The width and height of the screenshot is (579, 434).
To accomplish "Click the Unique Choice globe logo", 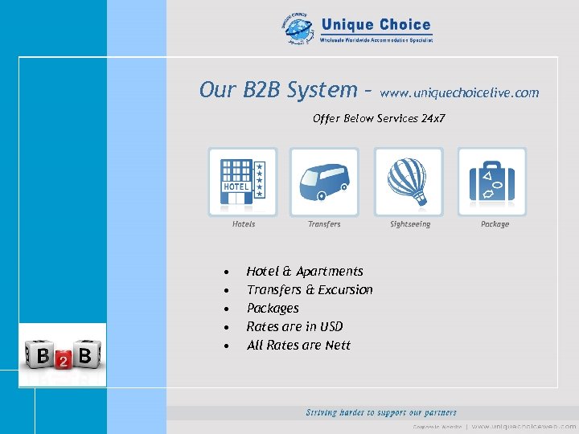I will pyautogui.click(x=298, y=31).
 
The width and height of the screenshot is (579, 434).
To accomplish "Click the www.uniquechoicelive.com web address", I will pyautogui.click(x=459, y=93).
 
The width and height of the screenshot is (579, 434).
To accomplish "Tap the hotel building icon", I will pyautogui.click(x=243, y=182).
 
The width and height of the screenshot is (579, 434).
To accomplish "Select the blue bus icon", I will pyautogui.click(x=324, y=182).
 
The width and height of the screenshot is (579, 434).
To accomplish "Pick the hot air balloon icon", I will pyautogui.click(x=409, y=182).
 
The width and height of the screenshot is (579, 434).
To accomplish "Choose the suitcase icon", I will pyautogui.click(x=492, y=182).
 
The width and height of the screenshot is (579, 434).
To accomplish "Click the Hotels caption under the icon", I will pyautogui.click(x=244, y=224).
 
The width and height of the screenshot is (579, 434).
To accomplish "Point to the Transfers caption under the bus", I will pyautogui.click(x=324, y=224).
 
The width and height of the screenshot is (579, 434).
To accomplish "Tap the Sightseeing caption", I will pyautogui.click(x=410, y=224).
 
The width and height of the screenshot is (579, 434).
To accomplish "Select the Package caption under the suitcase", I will pyautogui.click(x=495, y=224).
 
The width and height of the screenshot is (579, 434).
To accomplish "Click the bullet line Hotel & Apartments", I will pyautogui.click(x=305, y=272).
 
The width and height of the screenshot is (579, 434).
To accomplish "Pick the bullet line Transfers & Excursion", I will pyautogui.click(x=310, y=290).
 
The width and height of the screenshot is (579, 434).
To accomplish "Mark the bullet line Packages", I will pyautogui.click(x=273, y=309).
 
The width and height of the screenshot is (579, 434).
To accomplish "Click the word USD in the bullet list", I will pyautogui.click(x=330, y=327).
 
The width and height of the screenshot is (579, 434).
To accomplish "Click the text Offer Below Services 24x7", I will pyautogui.click(x=379, y=119).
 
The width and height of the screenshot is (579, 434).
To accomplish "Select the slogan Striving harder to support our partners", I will pyautogui.click(x=381, y=412).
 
